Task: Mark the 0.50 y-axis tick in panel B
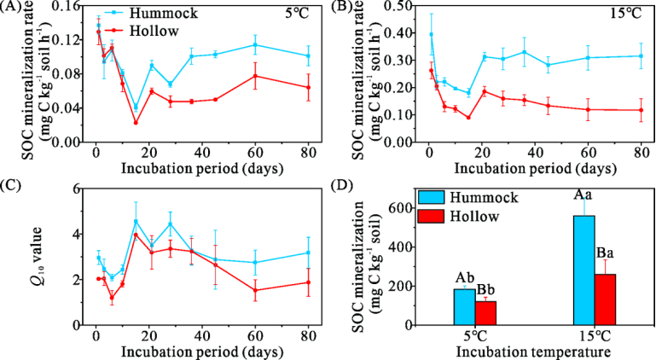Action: click(406, 7)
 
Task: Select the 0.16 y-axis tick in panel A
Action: click(70, 7)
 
